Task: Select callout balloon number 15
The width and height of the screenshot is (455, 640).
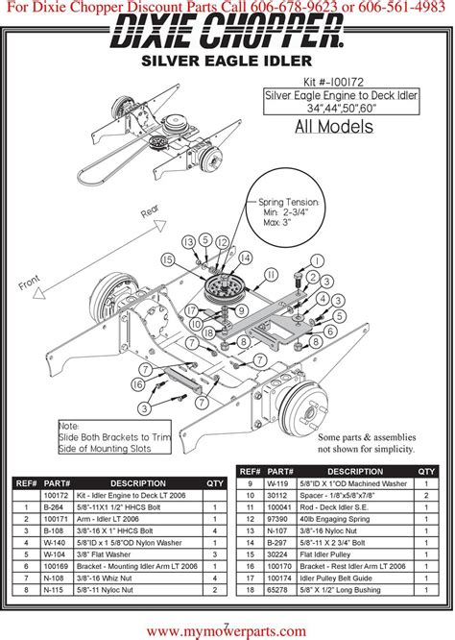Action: point(168,259)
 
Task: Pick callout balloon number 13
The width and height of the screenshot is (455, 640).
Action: point(189,240)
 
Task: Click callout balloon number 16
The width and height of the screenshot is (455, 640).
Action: point(138,384)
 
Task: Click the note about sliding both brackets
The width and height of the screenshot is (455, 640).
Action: point(100,437)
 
